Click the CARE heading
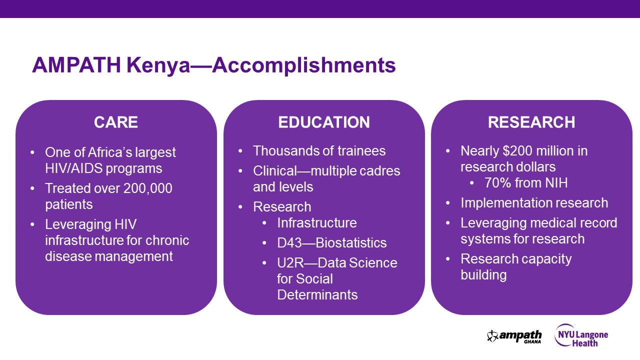pos(116,122)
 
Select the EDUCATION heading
pos(324,122)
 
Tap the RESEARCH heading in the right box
pos(531,122)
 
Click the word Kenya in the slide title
pos(158,65)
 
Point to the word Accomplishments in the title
pos(304,65)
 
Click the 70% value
pos(497,183)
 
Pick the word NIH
pos(556,183)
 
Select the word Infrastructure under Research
pos(317,223)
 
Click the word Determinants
pos(317,295)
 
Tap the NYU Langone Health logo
pos(581,336)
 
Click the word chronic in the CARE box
pos(167,240)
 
